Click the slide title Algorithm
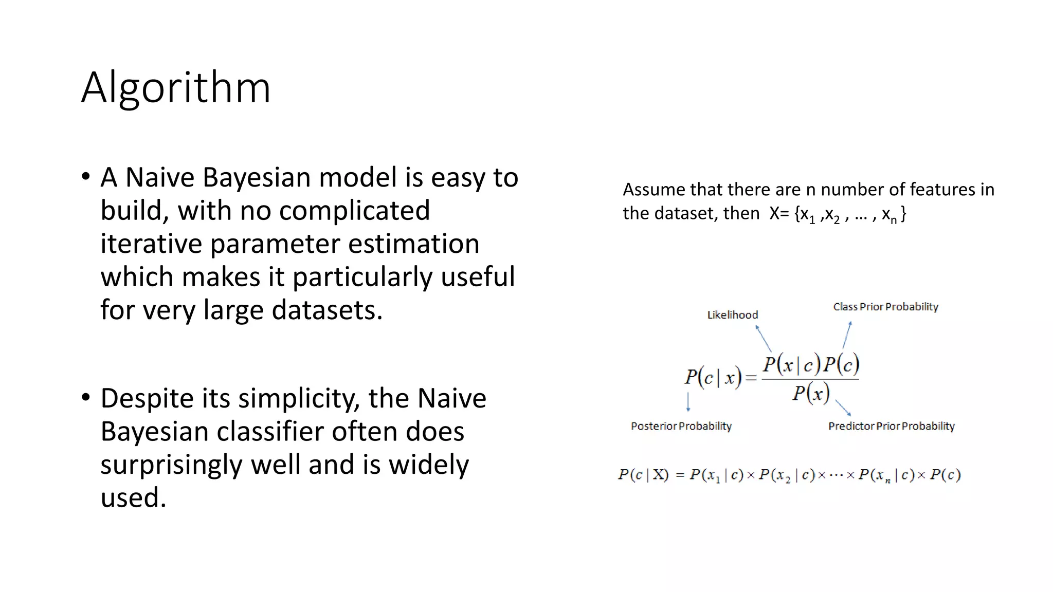coord(176,88)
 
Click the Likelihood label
coord(732,314)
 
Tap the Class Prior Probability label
coord(885,307)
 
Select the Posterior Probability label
coord(681,426)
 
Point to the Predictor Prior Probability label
coord(891,426)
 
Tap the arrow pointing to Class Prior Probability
coord(847,335)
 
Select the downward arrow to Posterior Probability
coord(688,402)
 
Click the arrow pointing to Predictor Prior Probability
coord(843,408)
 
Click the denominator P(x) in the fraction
coord(811,394)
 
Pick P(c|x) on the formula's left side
coord(713,378)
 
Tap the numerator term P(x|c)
coord(791,365)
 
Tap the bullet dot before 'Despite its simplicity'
coord(86,397)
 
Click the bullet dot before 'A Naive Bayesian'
coord(86,176)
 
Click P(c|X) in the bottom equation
coord(643,475)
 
